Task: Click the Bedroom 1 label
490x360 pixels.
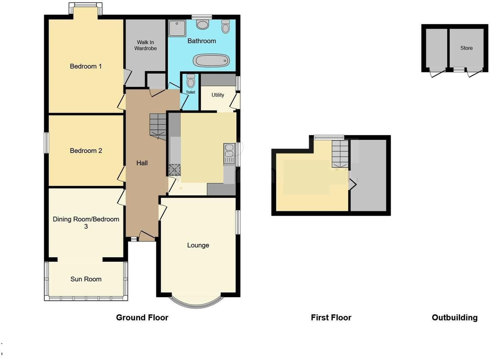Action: pos(86,66)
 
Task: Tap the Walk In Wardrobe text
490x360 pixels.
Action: pos(145,45)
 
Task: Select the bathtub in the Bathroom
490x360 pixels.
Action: pos(211,61)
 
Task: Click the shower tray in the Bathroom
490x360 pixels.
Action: pos(177,28)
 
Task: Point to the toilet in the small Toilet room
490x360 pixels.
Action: pos(191,81)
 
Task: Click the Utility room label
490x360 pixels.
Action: pos(218,95)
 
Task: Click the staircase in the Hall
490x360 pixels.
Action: pos(158,126)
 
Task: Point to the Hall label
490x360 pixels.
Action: pos(142,163)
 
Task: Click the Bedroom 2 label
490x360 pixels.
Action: pos(86,151)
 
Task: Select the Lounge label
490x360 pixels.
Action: pos(198,245)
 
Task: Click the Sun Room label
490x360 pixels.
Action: pos(86,279)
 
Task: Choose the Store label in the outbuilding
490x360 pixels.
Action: pos(466,48)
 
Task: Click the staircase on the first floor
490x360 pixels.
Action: pos(339,154)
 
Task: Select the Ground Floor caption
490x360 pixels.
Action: pos(142,318)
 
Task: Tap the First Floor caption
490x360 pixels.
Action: pos(331,318)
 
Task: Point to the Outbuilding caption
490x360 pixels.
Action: pos(454,318)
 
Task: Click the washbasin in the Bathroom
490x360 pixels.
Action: pos(202,24)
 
